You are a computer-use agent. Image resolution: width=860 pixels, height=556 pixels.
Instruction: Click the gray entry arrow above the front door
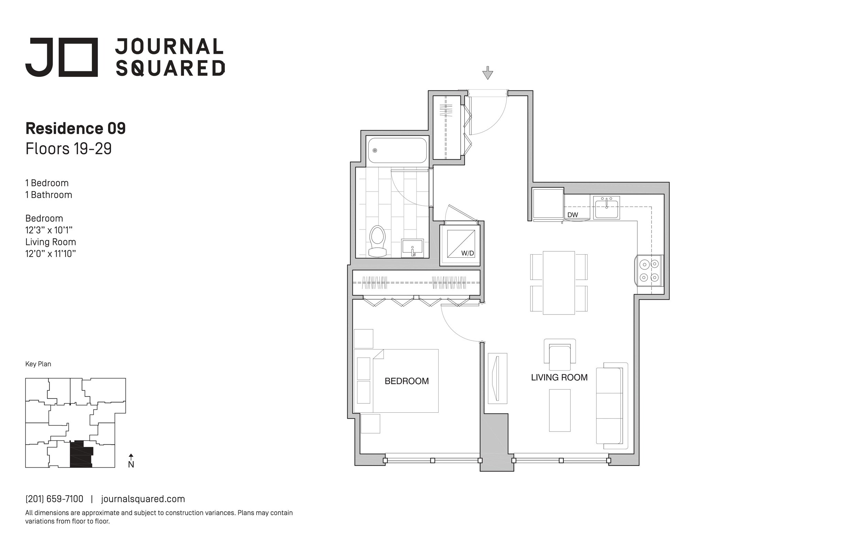pyautogui.click(x=487, y=73)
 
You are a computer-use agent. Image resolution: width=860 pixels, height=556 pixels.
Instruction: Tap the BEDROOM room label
pyautogui.click(x=407, y=381)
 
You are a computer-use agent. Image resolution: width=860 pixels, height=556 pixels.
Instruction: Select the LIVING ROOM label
pyautogui.click(x=559, y=378)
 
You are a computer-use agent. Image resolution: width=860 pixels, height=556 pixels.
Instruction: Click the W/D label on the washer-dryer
pyautogui.click(x=467, y=254)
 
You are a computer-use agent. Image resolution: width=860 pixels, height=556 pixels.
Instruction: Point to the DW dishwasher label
pyautogui.click(x=572, y=215)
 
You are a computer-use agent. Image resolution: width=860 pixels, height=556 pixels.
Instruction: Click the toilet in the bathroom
pyautogui.click(x=378, y=241)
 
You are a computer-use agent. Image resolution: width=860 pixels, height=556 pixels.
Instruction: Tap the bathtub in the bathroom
pyautogui.click(x=397, y=151)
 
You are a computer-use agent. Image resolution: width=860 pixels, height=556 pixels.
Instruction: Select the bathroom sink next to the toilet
pyautogui.click(x=412, y=248)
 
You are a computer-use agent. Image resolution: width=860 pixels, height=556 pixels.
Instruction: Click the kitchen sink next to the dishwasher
pyautogui.click(x=606, y=208)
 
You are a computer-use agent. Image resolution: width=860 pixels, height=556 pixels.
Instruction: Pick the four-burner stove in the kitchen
pyautogui.click(x=649, y=270)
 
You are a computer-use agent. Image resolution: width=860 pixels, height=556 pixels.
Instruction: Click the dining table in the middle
pyautogui.click(x=559, y=283)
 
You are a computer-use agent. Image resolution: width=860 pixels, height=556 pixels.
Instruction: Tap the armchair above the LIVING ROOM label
pyautogui.click(x=560, y=355)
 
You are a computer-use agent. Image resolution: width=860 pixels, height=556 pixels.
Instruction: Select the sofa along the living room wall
pyautogui.click(x=612, y=406)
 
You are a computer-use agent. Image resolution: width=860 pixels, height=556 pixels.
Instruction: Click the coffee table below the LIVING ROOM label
pyautogui.click(x=560, y=410)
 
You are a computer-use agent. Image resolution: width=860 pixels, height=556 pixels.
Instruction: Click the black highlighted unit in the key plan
pyautogui.click(x=81, y=454)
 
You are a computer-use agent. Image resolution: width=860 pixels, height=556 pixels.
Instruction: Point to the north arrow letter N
pyautogui.click(x=131, y=465)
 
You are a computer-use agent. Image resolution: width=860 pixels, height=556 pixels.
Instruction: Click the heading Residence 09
pyautogui.click(x=76, y=128)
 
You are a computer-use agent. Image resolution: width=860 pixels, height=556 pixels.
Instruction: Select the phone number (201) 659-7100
pyautogui.click(x=54, y=499)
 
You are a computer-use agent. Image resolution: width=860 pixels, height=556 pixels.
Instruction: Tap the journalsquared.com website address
pyautogui.click(x=143, y=499)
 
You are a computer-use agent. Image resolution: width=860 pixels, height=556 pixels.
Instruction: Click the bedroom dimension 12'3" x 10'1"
pyautogui.click(x=49, y=230)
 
